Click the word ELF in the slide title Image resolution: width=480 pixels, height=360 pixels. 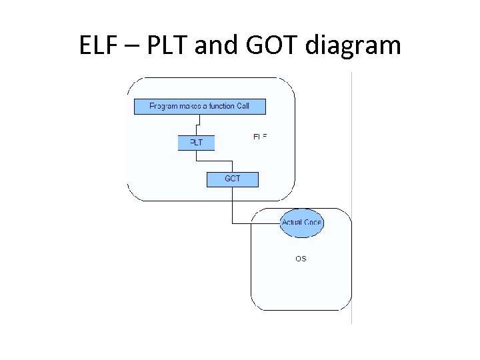point(100,45)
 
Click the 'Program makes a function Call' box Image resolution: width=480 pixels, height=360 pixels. point(199,106)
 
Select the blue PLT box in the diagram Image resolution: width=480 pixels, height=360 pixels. point(196,143)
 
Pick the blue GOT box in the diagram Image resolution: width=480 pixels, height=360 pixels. point(232,179)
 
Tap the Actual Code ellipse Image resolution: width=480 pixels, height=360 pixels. point(301,223)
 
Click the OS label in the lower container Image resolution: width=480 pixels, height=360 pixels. point(301,258)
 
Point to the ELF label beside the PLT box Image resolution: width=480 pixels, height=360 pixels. point(260,137)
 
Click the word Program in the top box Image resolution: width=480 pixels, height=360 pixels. point(163,106)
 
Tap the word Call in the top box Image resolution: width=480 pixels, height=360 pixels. point(243,106)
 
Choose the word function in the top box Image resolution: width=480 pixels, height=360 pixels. point(221,106)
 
